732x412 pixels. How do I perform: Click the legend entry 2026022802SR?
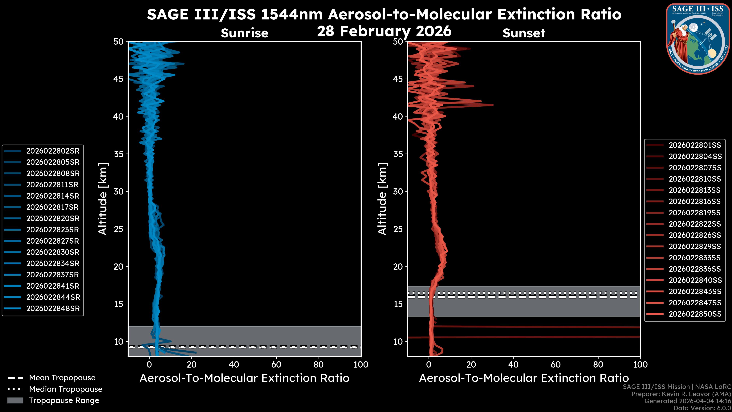[53, 151]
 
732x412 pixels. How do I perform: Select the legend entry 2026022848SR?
[53, 308]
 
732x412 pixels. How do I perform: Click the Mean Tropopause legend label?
[62, 378]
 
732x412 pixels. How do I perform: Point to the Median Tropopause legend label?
[66, 389]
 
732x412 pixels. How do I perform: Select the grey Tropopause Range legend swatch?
[15, 400]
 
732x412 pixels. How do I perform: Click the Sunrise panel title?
[244, 33]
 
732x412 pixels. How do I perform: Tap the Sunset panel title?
[524, 33]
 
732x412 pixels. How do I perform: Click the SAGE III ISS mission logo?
[697, 39]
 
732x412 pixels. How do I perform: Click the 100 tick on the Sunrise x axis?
[361, 365]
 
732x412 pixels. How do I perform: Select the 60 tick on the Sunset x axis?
[555, 365]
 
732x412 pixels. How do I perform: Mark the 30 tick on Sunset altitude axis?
[398, 191]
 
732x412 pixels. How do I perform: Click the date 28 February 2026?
[384, 31]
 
